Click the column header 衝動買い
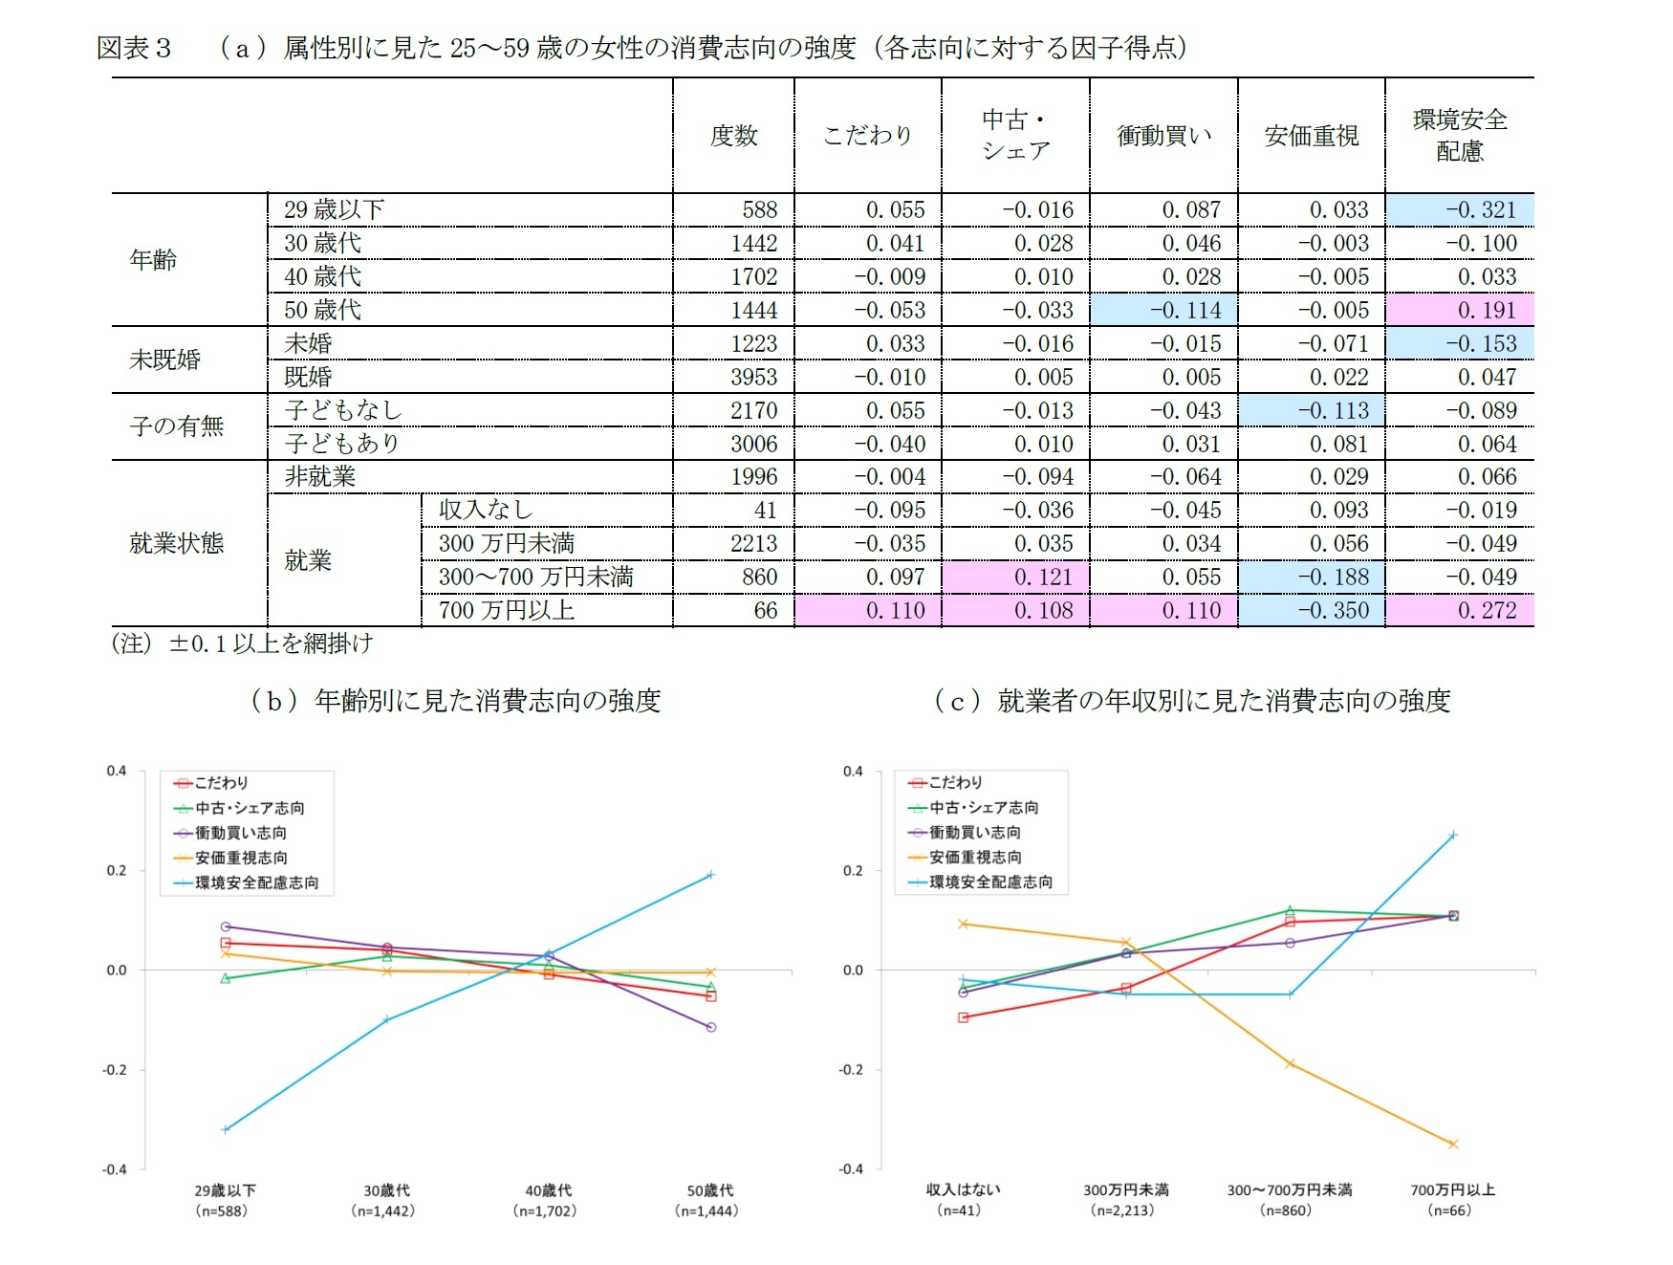click(x=1163, y=136)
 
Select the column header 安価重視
click(x=1311, y=136)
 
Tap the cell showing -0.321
click(x=1480, y=210)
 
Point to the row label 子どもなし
click(x=343, y=410)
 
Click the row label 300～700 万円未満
click(x=535, y=577)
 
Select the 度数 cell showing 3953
click(x=753, y=377)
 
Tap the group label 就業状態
click(x=177, y=543)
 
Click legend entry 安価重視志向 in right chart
click(x=975, y=858)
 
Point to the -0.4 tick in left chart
click(x=115, y=1169)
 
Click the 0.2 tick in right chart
click(x=852, y=870)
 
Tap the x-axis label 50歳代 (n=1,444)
click(x=708, y=1200)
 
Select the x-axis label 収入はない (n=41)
click(x=962, y=1200)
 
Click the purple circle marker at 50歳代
click(x=710, y=1027)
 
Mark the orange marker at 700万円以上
click(x=1452, y=1144)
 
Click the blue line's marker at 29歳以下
click(x=226, y=1129)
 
